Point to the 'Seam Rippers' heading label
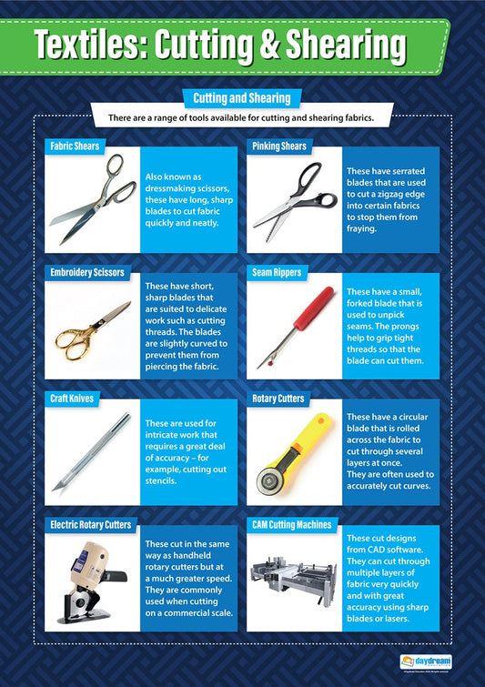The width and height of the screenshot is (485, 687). click(278, 272)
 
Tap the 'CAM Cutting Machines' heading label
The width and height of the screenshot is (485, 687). click(291, 525)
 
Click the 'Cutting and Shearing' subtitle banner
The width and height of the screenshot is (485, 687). click(242, 97)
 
